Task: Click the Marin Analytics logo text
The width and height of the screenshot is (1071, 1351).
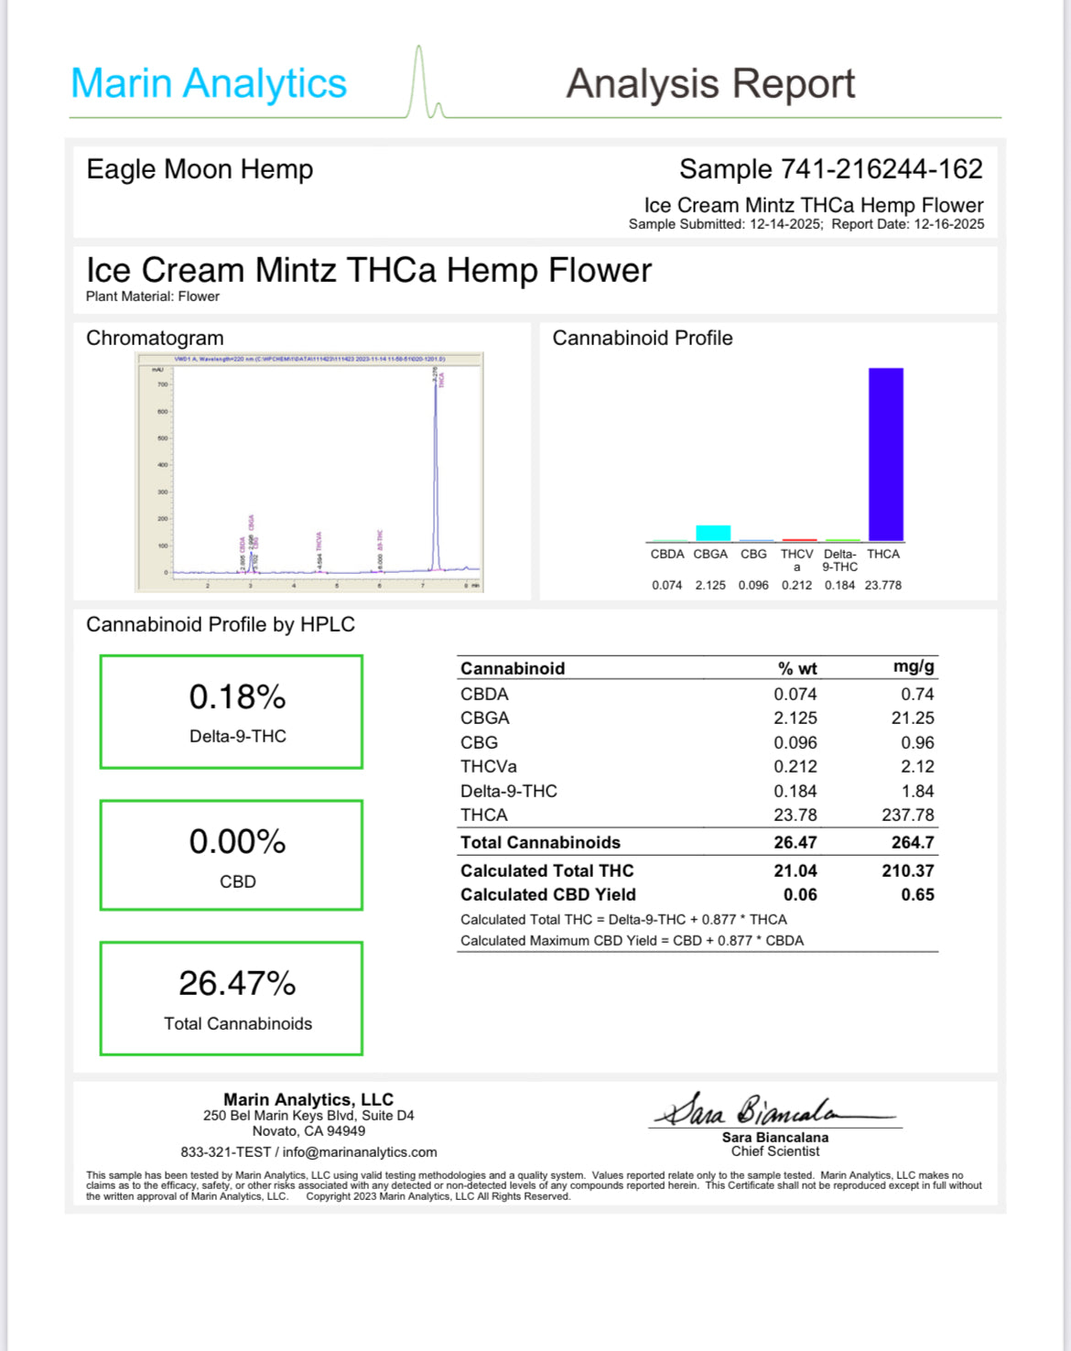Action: tap(209, 83)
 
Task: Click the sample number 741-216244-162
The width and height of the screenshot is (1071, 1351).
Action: tap(881, 169)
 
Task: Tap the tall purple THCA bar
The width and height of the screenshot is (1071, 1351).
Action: tap(885, 454)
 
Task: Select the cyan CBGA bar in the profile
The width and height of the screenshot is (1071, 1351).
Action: tap(713, 533)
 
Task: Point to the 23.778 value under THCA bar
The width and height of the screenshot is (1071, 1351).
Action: tap(882, 586)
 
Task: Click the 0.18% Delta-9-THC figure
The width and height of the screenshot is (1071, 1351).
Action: tap(237, 697)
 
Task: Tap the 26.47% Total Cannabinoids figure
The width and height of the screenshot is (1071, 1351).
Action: tap(237, 984)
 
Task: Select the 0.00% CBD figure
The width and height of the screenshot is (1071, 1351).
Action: tap(237, 842)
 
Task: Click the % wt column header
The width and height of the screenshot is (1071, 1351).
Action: tap(796, 669)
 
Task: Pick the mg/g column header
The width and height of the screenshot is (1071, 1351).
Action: tap(914, 667)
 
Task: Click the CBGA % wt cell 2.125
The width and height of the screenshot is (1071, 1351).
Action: tap(795, 719)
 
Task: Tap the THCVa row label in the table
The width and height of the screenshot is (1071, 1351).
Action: tap(488, 767)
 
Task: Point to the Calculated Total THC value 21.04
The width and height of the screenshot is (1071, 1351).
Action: tap(795, 871)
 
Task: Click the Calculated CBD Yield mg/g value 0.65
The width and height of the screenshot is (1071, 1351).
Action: tap(917, 895)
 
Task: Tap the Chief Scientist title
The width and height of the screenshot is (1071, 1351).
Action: tap(774, 1151)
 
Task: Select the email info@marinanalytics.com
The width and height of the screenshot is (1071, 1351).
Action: tap(360, 1152)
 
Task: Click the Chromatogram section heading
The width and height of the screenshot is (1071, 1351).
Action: tap(155, 339)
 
